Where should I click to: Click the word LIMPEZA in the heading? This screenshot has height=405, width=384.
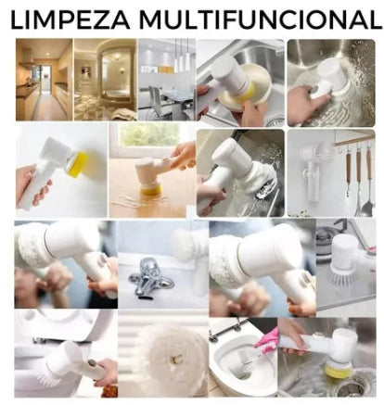point(70,19)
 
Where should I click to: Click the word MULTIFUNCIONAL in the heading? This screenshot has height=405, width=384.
point(261,19)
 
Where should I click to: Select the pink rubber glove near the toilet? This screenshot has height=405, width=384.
point(266,342)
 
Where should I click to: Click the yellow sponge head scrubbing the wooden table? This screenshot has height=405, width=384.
point(151,188)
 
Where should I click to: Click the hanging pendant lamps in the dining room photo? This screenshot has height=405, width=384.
point(181,56)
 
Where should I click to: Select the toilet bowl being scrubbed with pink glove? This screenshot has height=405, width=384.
point(238,360)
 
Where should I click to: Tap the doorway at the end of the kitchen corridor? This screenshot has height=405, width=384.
point(46,78)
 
